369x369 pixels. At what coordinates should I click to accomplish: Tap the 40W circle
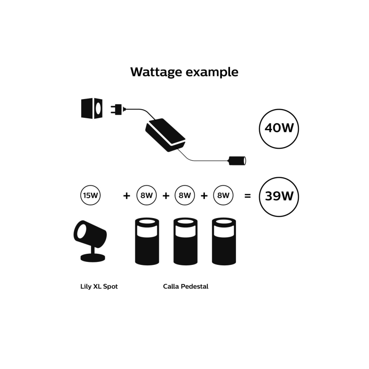[x=279, y=128]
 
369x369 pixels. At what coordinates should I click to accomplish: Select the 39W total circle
[x=279, y=197]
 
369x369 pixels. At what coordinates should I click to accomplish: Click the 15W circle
[x=91, y=196]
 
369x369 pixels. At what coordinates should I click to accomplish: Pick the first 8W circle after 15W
[x=147, y=196]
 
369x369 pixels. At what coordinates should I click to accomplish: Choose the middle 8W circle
[x=185, y=196]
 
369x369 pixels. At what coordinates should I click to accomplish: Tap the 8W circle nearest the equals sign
[x=223, y=196]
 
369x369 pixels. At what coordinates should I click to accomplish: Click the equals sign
[x=247, y=196]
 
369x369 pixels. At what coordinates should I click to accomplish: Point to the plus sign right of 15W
[x=126, y=196]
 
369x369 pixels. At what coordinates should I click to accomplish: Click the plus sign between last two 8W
[x=204, y=196]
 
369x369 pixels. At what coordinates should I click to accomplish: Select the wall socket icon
[x=92, y=108]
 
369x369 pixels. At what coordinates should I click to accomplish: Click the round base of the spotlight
[x=92, y=258]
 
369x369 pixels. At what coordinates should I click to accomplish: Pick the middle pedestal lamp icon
[x=185, y=241]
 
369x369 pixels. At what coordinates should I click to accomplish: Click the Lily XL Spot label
[x=99, y=287]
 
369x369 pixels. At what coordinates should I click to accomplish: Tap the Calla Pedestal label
[x=186, y=287]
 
